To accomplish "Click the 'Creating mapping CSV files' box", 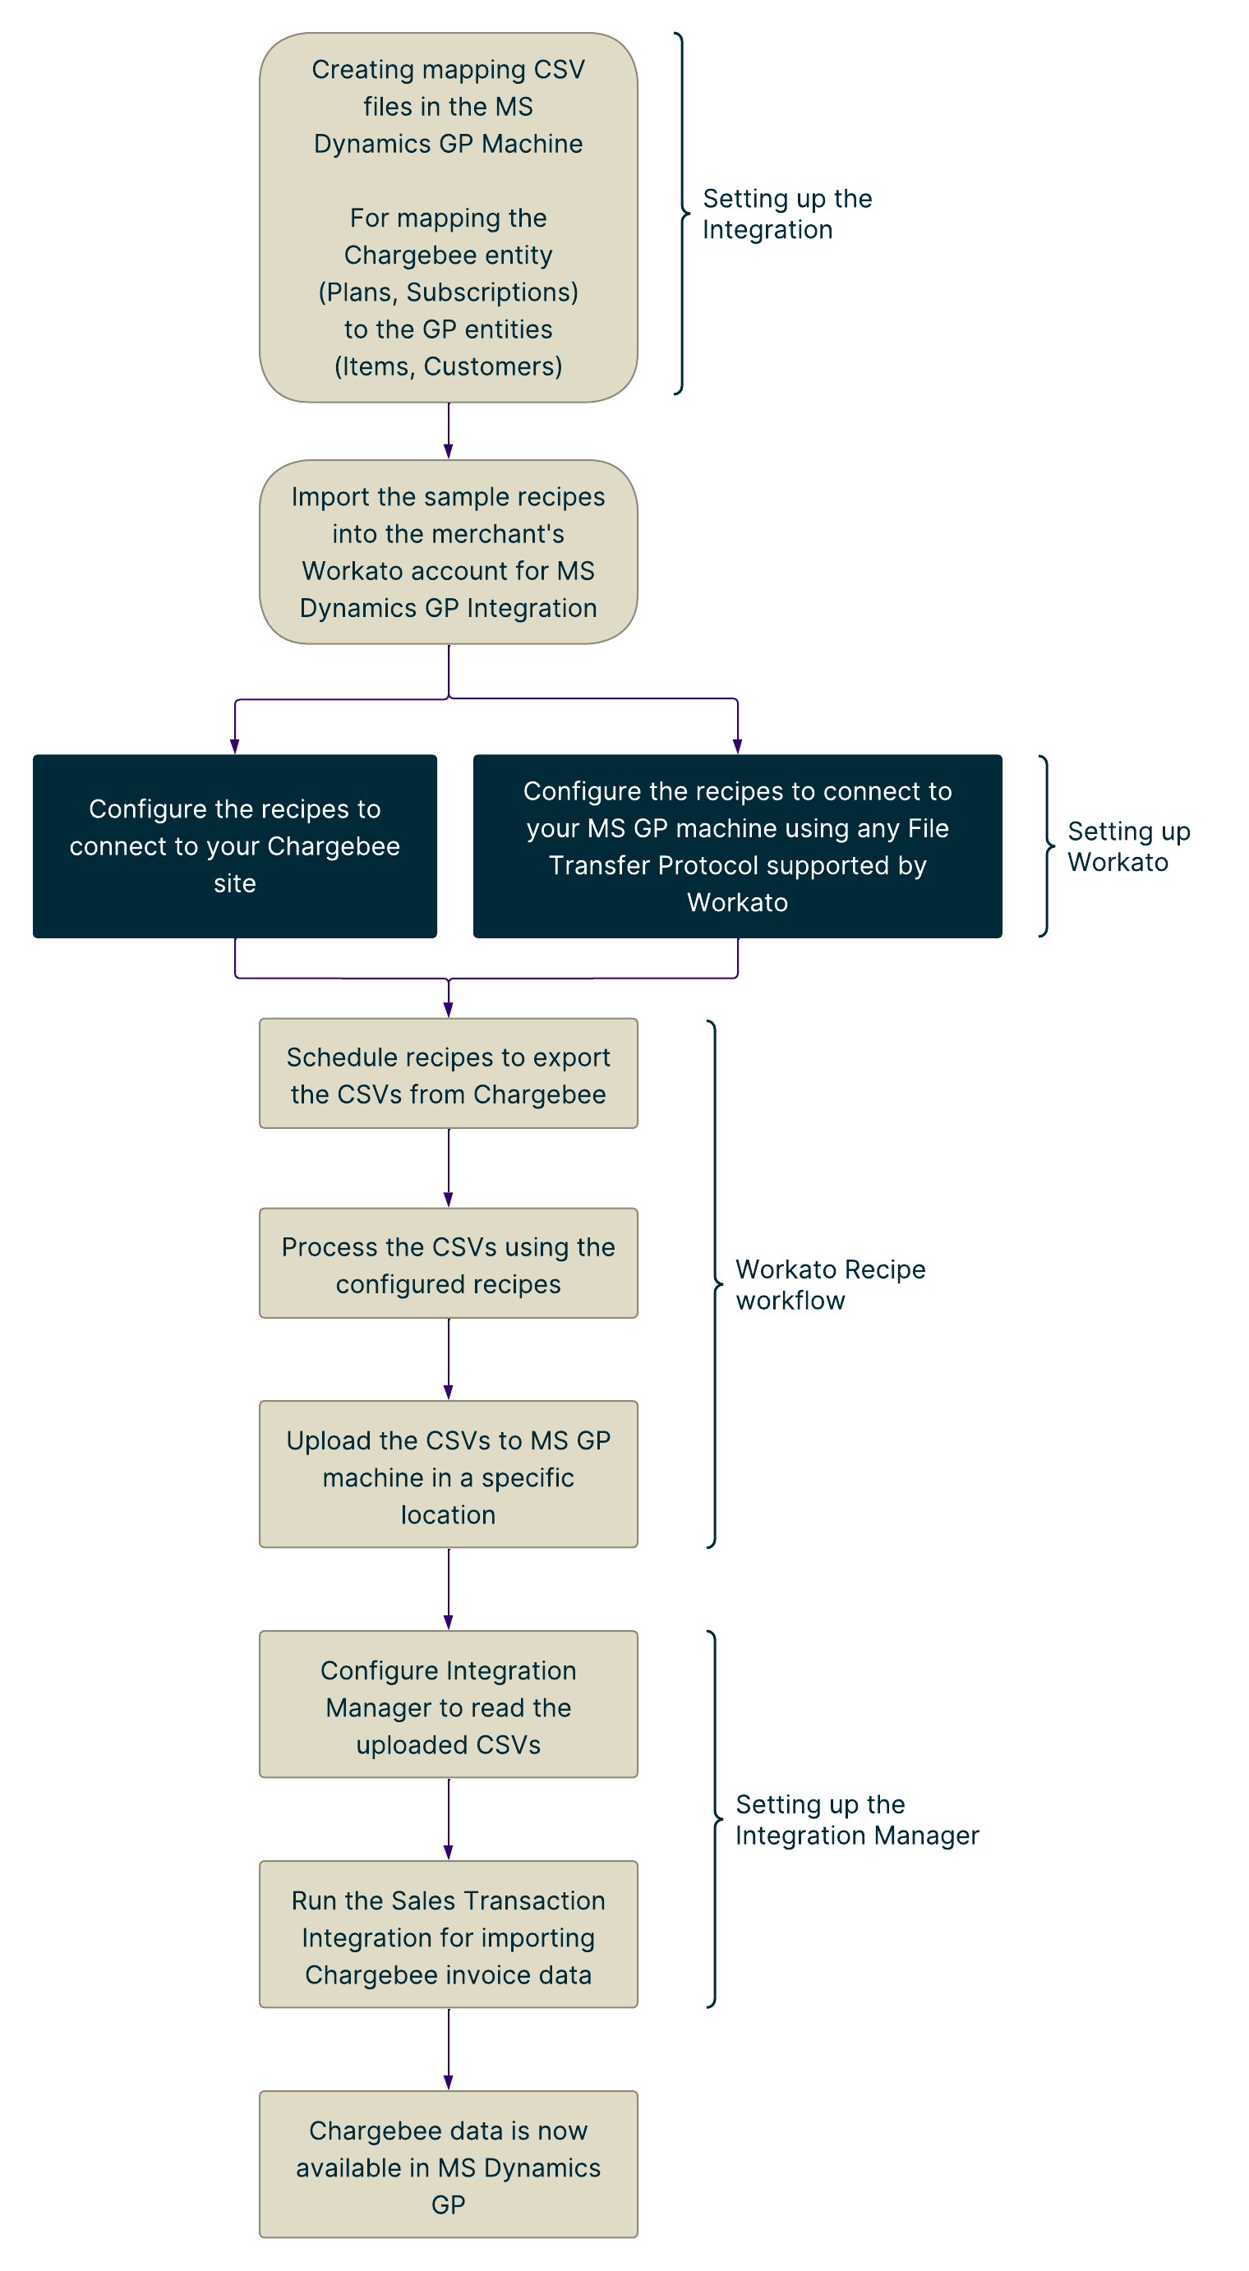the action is pyautogui.click(x=448, y=217).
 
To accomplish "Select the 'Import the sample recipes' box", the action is pyautogui.click(x=448, y=552).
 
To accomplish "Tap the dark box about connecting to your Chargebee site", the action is pyautogui.click(x=234, y=845).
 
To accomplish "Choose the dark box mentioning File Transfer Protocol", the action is pyautogui.click(x=737, y=845).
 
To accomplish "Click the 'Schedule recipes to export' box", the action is pyautogui.click(x=448, y=1074).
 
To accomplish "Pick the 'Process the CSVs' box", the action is pyautogui.click(x=448, y=1264).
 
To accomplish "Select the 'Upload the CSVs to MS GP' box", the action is pyautogui.click(x=448, y=1474).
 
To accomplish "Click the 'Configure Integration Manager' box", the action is pyautogui.click(x=448, y=1704).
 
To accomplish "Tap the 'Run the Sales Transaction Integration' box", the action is pyautogui.click(x=448, y=1934).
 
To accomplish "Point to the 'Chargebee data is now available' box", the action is pyautogui.click(x=448, y=2164).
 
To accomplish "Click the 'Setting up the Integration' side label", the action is pyautogui.click(x=787, y=214).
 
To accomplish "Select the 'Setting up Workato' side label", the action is pyautogui.click(x=1128, y=846).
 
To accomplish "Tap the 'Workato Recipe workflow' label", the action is pyautogui.click(x=830, y=1284).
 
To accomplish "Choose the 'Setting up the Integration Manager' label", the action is pyautogui.click(x=857, y=1820).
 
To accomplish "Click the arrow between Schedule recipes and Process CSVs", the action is pyautogui.click(x=449, y=1168).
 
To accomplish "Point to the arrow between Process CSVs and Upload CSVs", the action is pyautogui.click(x=449, y=1358).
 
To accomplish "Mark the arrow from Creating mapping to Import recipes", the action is pyautogui.click(x=449, y=431).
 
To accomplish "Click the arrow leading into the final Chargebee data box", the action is pyautogui.click(x=449, y=2049).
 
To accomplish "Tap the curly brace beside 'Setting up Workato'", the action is pyautogui.click(x=1047, y=845).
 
